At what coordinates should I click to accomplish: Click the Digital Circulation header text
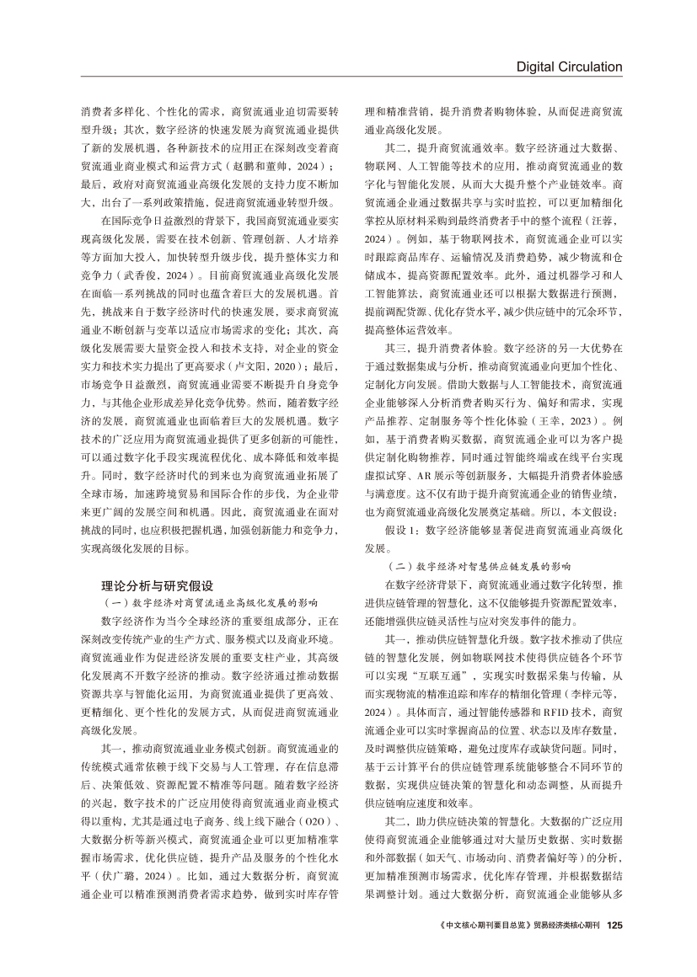[x=569, y=67]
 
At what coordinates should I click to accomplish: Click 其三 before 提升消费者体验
[x=394, y=345]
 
